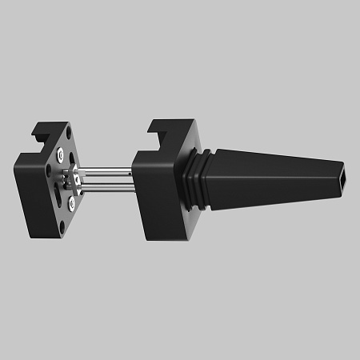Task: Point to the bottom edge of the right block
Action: (164, 238)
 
